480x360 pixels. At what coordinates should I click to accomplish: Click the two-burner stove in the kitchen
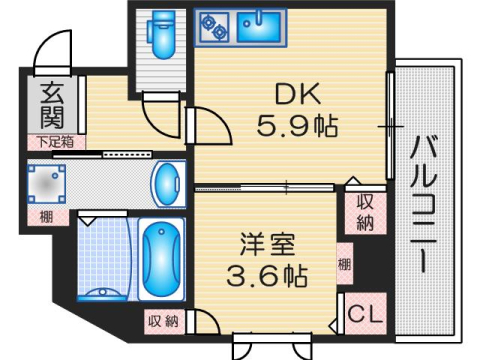(x=213, y=27)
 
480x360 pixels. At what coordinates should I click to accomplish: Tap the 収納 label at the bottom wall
(x=164, y=321)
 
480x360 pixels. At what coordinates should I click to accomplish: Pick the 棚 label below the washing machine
(x=47, y=216)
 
